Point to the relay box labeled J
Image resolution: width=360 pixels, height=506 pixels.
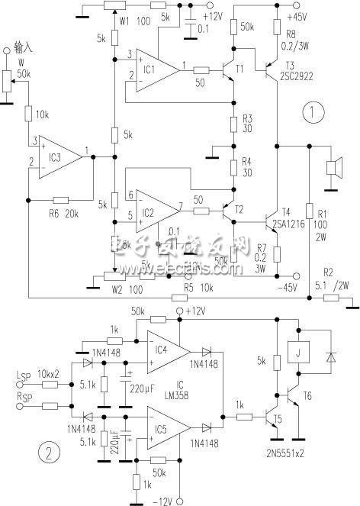296,352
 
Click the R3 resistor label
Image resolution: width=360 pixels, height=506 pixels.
246,123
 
